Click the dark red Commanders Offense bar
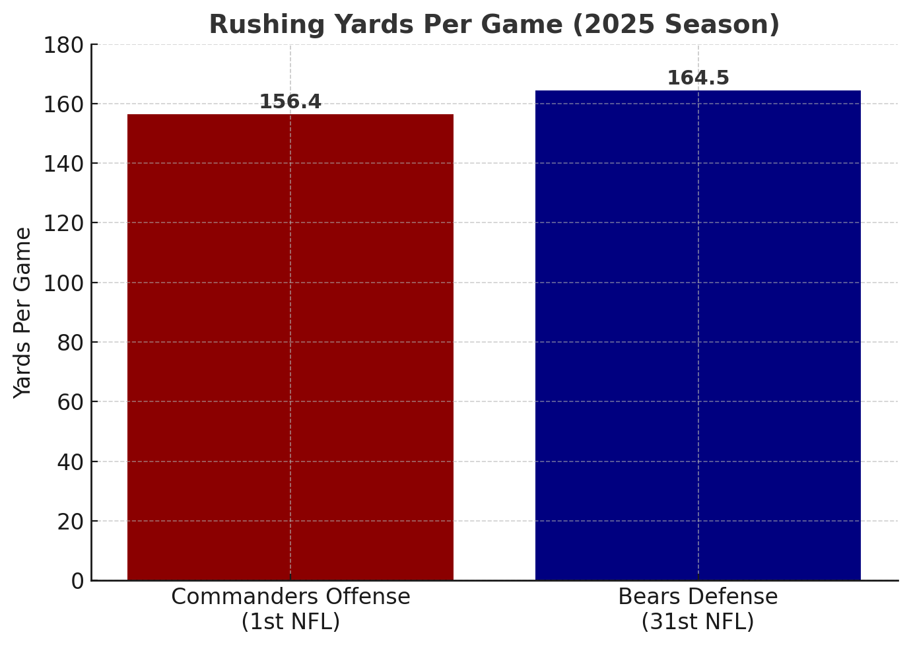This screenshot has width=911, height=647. [x=290, y=347]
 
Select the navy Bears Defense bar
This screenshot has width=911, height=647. [x=698, y=335]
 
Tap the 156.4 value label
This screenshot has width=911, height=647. [x=290, y=102]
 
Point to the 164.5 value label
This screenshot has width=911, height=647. [x=698, y=78]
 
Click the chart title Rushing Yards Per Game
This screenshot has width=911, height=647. [x=494, y=25]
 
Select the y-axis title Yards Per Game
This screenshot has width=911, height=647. [x=23, y=312]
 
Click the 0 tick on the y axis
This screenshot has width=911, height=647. [x=77, y=581]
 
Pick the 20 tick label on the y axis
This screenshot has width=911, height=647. [x=71, y=522]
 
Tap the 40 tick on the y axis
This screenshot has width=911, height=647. [x=71, y=462]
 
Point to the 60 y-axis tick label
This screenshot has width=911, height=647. [x=71, y=402]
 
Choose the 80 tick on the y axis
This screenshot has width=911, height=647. [x=71, y=343]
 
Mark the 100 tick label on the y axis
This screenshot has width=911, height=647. [x=64, y=283]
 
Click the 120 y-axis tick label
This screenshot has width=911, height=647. [x=64, y=223]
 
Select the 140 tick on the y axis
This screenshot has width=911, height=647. [x=64, y=164]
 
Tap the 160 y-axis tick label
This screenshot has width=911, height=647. [x=64, y=104]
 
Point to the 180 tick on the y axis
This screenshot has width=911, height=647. [x=64, y=45]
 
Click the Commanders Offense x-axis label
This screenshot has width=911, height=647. [x=290, y=597]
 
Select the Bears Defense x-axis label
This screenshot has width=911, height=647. [x=698, y=597]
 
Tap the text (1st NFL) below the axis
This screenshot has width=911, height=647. [x=290, y=622]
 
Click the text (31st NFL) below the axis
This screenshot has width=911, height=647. [x=698, y=622]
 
